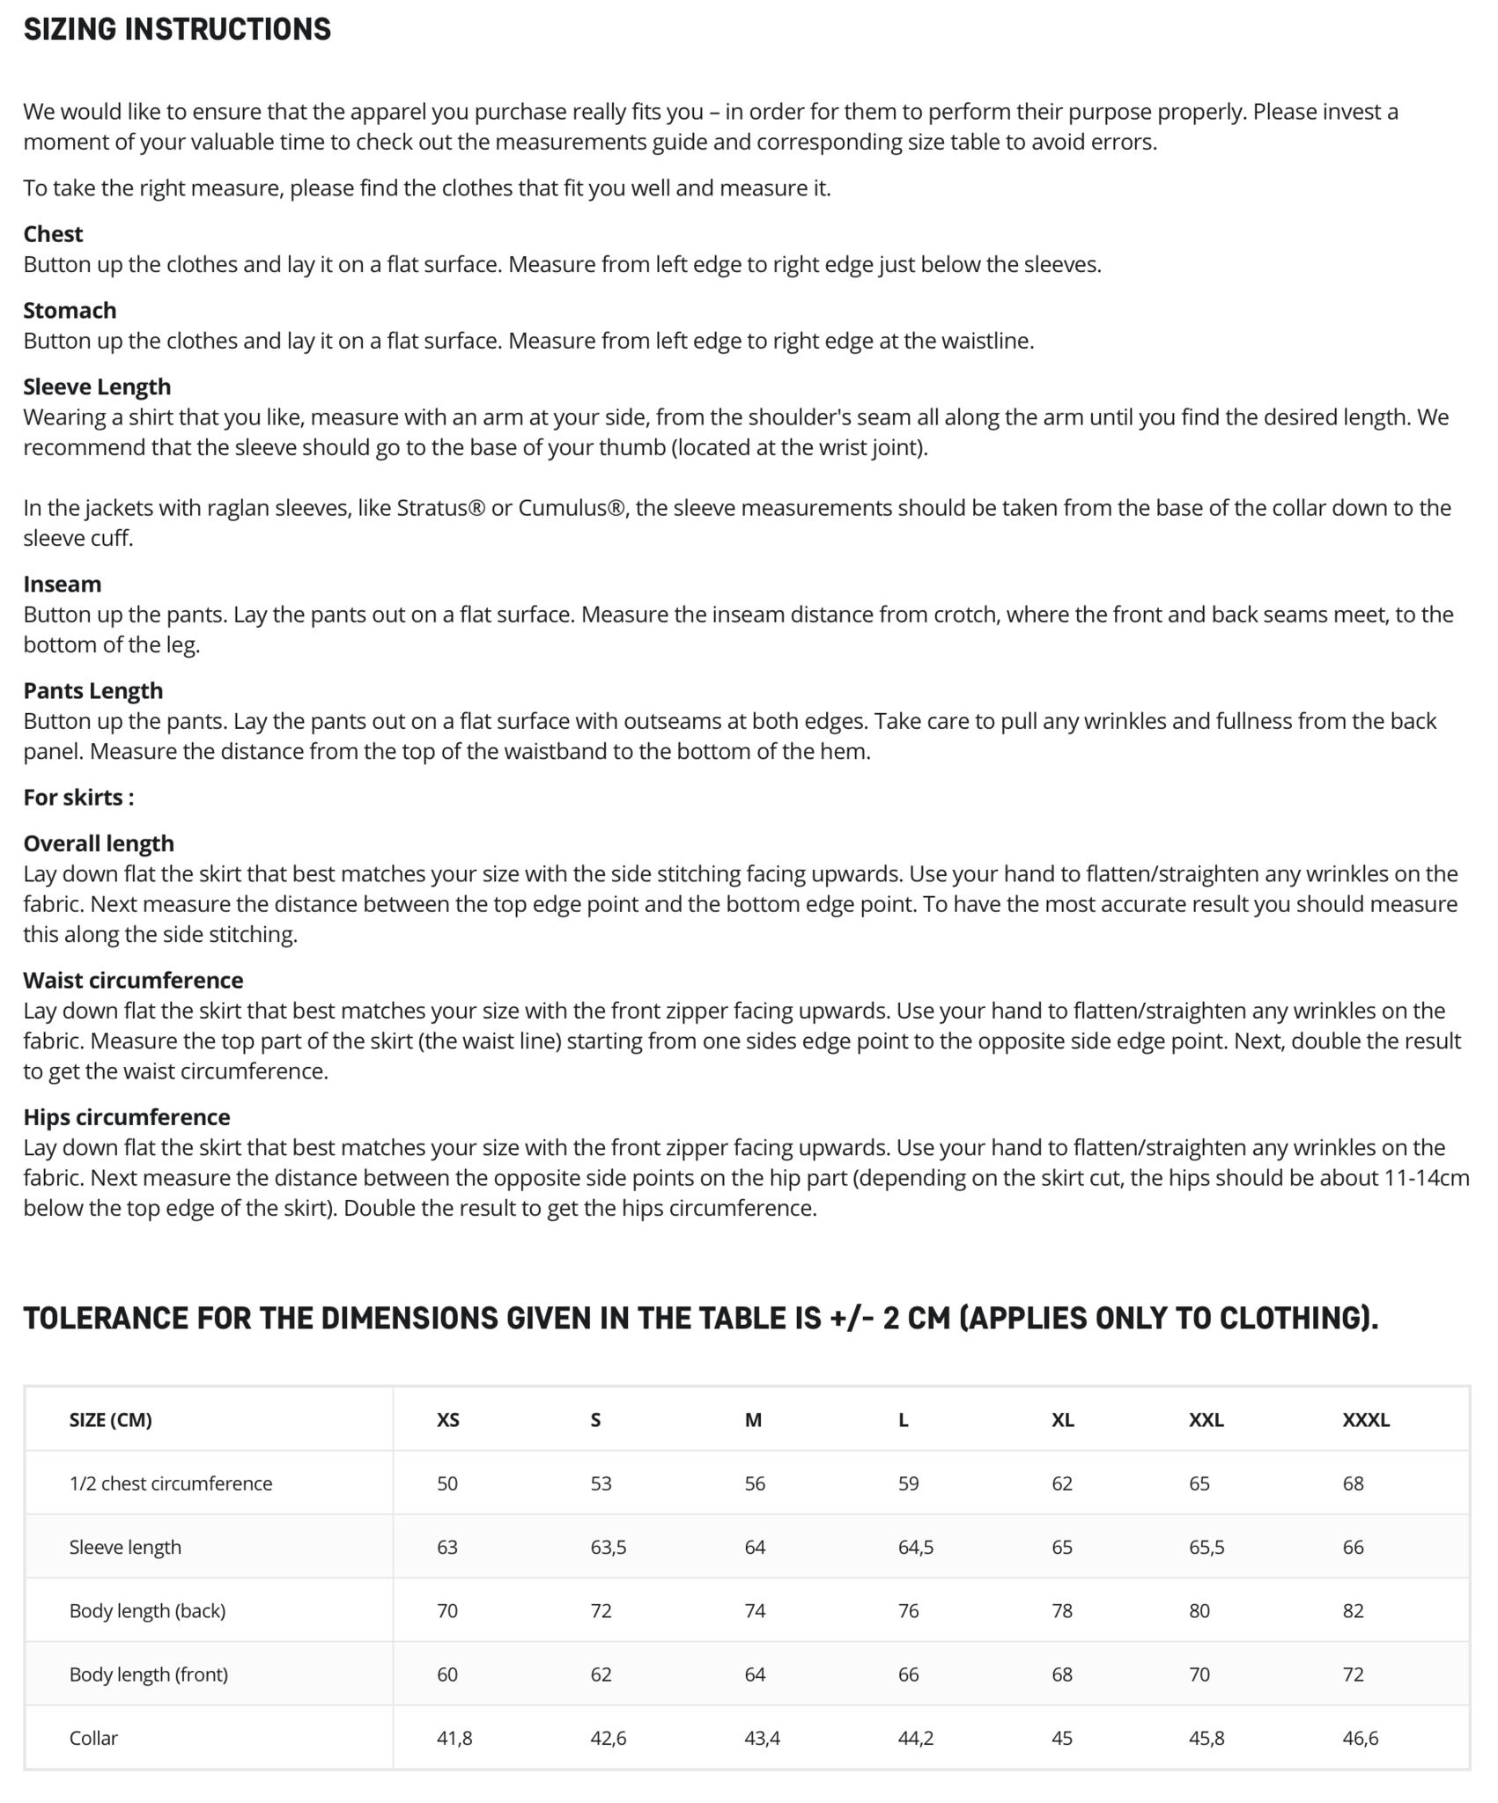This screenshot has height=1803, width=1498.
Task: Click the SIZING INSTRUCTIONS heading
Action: (x=177, y=30)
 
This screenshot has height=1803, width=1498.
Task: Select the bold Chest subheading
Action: (x=53, y=234)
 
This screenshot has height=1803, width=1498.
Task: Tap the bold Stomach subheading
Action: (x=70, y=311)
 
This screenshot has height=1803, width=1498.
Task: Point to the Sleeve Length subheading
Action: (x=97, y=386)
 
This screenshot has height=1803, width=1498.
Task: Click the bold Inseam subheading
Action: (x=62, y=585)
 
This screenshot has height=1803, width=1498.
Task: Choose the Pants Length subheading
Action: (x=92, y=691)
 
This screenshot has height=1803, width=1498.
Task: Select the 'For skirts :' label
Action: (x=78, y=798)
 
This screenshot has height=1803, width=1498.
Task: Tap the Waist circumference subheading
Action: (x=133, y=981)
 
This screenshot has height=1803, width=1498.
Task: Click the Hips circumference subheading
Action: (x=127, y=1117)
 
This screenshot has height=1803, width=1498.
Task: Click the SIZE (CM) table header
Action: (x=110, y=1420)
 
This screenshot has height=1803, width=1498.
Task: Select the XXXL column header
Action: (x=1365, y=1420)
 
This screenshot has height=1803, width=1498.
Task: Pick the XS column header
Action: (x=447, y=1420)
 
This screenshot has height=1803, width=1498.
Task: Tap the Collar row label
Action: (x=93, y=1738)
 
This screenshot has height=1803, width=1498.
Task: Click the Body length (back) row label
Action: (x=147, y=1611)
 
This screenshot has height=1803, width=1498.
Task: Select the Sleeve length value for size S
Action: (x=608, y=1548)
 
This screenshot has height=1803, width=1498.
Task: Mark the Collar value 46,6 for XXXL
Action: (x=1360, y=1738)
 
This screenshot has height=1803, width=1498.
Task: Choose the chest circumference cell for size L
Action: (x=908, y=1484)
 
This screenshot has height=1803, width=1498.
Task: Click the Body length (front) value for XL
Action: (x=1062, y=1674)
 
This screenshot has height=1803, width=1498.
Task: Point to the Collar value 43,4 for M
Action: (x=762, y=1738)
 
